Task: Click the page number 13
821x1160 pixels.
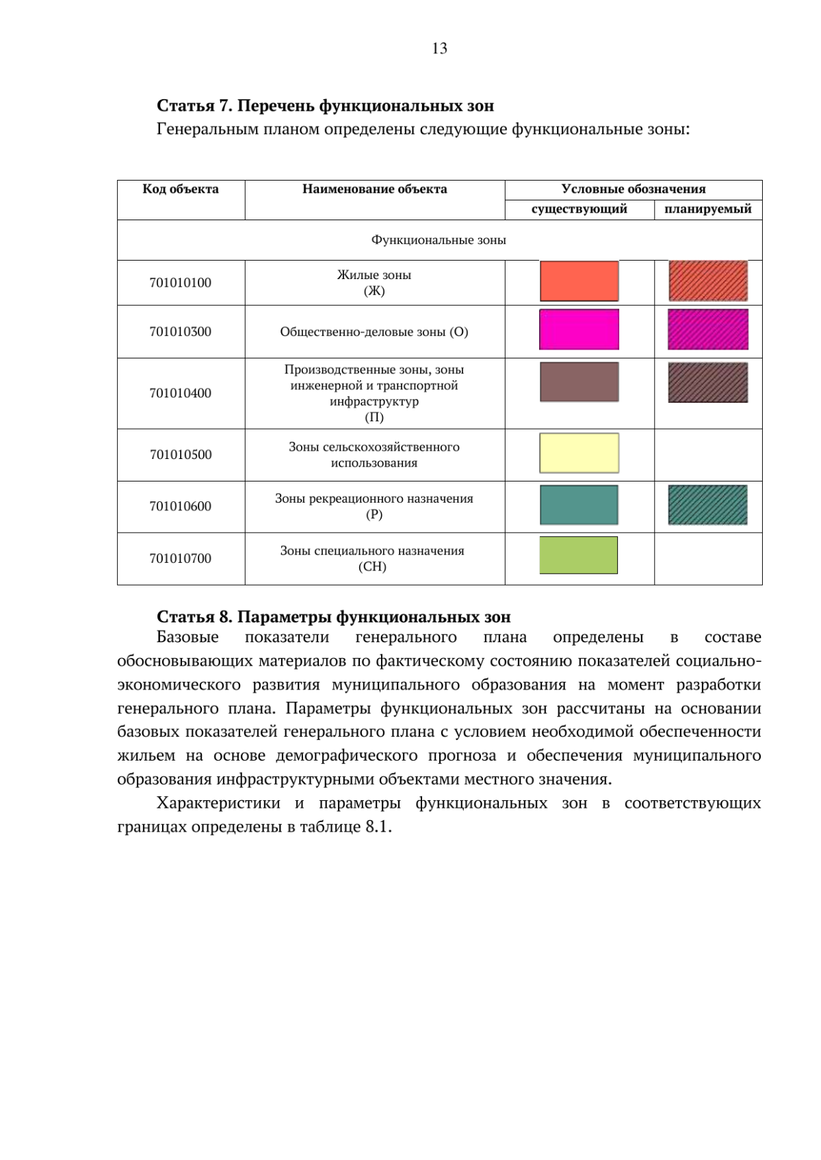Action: pos(439,48)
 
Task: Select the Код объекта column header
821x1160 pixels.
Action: pos(181,189)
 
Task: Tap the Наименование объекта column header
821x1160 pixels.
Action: pos(374,189)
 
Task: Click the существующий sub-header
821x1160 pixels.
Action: pos(579,209)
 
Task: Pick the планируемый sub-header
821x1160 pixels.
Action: pos(707,209)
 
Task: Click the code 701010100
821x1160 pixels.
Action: pos(181,282)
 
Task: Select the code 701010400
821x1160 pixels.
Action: pos(181,393)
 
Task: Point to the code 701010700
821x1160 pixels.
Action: pos(181,558)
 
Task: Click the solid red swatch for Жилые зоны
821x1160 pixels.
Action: pos(579,281)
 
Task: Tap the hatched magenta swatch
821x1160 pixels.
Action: pos(707,329)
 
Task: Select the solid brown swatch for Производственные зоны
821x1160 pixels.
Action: pos(579,382)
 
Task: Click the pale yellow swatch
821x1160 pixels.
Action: pos(579,453)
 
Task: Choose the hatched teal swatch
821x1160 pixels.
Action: pos(707,505)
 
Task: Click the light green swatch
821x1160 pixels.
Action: pos(579,555)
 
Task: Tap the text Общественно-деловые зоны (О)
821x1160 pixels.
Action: pos(374,332)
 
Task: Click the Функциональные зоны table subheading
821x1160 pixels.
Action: pos(439,240)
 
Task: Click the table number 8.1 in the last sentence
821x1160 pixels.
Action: pos(378,826)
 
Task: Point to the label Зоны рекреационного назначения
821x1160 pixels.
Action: pos(374,499)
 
